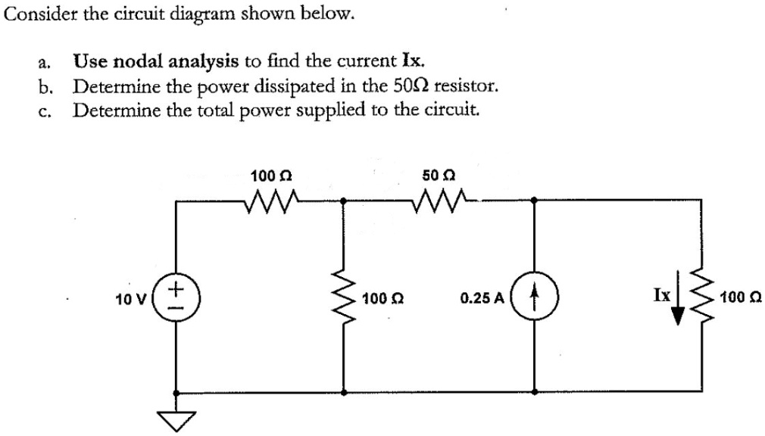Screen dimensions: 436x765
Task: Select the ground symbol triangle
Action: click(x=176, y=419)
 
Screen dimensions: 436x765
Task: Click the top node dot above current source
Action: click(x=535, y=201)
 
